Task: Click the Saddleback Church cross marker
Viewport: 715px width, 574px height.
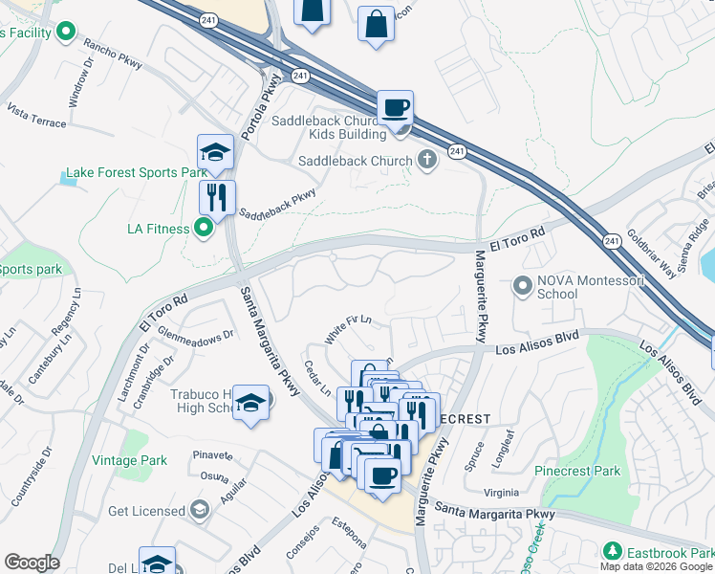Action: (427, 161)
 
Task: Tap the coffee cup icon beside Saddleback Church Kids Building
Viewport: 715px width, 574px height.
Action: (394, 107)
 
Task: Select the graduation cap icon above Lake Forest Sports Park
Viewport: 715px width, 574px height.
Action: (216, 152)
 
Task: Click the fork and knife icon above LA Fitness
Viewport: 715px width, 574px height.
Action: (217, 197)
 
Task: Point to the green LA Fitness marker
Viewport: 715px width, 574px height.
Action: (203, 228)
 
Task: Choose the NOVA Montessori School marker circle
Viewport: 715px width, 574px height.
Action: (522, 285)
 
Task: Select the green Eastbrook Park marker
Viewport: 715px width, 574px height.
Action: (614, 552)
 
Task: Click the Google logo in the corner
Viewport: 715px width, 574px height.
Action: (32, 562)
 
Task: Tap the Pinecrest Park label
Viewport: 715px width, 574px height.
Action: (577, 471)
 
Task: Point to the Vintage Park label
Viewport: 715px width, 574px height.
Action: (129, 460)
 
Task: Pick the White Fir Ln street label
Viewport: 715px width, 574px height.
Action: (347, 328)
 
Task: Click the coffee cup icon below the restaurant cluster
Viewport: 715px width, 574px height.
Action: (382, 475)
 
